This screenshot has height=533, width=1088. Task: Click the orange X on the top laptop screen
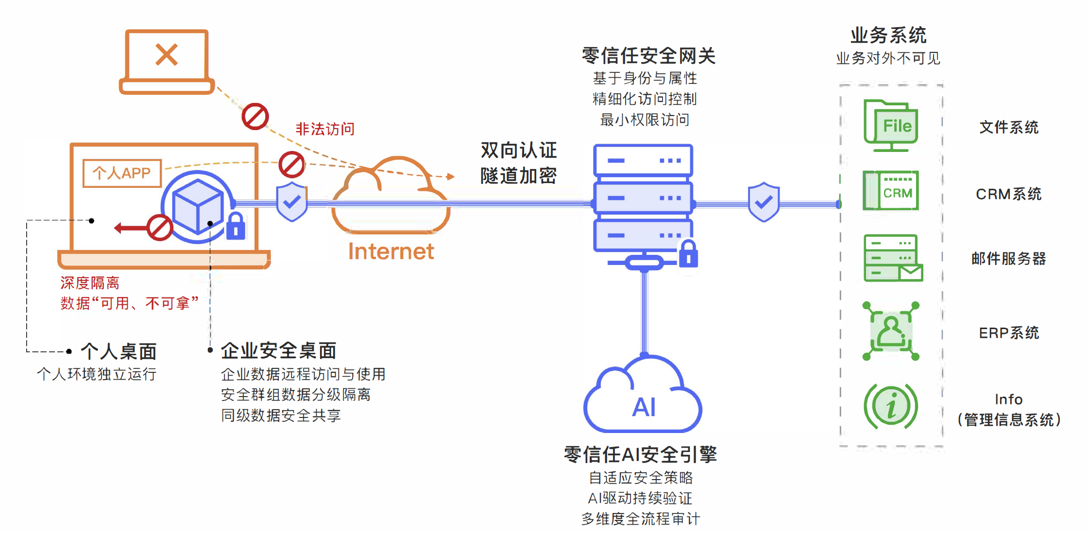click(167, 54)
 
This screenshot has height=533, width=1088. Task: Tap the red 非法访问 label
click(325, 129)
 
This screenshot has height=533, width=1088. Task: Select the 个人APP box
click(122, 173)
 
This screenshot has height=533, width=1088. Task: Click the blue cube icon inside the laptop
click(197, 206)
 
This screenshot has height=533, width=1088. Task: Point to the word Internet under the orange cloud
click(391, 251)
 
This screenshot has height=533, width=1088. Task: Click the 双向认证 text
click(518, 150)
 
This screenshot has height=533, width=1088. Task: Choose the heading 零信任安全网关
click(648, 56)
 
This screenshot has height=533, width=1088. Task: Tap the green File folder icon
click(891, 125)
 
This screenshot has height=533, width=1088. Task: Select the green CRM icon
click(891, 191)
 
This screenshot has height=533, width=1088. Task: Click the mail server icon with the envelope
click(893, 258)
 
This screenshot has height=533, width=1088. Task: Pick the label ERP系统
click(1009, 333)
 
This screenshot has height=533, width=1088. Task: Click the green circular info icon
click(891, 406)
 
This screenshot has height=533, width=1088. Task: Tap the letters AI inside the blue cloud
click(644, 407)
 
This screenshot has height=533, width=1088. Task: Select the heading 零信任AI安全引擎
click(640, 455)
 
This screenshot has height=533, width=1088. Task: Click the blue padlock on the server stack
click(688, 254)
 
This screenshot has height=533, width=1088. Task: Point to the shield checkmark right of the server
click(764, 202)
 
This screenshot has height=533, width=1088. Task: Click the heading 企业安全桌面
click(279, 350)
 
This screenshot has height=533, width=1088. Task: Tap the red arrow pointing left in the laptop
click(129, 228)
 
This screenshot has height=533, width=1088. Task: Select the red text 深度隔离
click(90, 283)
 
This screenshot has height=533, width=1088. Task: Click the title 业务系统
click(888, 35)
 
